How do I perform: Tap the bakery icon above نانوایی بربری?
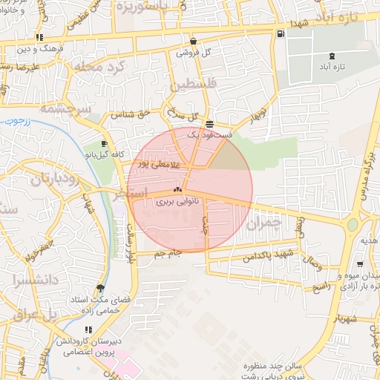tap(177, 189)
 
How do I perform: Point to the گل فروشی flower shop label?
tap(194, 53)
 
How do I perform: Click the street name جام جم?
tap(168, 255)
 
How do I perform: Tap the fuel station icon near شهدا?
tap(280, 33)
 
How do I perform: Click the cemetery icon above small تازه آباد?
tap(331, 56)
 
